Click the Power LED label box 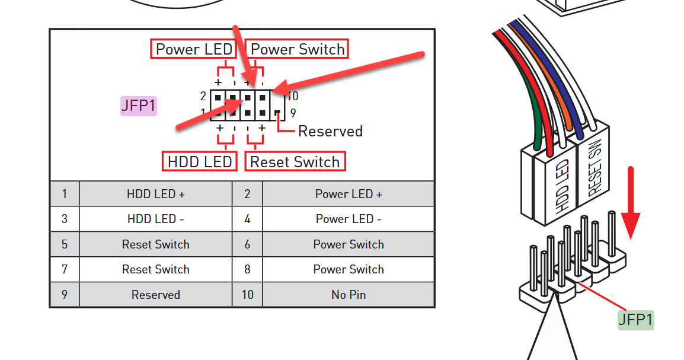click(x=193, y=49)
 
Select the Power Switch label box click(x=298, y=49)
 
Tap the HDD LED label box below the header click(x=200, y=161)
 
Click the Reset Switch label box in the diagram click(x=295, y=161)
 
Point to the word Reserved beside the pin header click(x=330, y=131)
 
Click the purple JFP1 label click(x=139, y=106)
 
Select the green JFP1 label click(x=635, y=320)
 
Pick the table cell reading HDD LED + click(x=155, y=194)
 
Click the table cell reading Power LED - click(x=349, y=219)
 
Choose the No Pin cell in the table click(x=349, y=294)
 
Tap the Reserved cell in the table click(x=155, y=294)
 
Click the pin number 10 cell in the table click(x=247, y=294)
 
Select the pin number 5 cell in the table click(x=64, y=244)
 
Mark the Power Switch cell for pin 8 click(x=349, y=269)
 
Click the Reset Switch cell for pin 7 click(x=155, y=269)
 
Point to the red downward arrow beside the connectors click(x=632, y=202)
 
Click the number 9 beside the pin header click(x=293, y=113)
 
